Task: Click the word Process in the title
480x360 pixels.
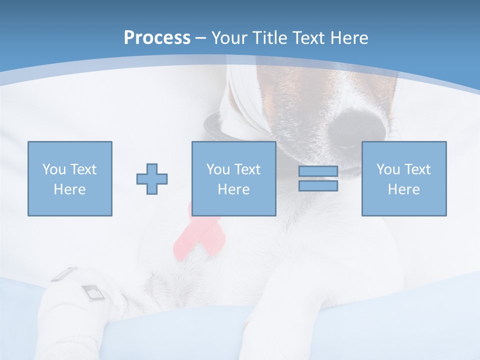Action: (x=157, y=38)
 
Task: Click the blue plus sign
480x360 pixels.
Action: (x=152, y=178)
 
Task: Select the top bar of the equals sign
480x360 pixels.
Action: (x=318, y=171)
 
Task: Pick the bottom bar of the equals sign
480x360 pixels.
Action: (x=318, y=185)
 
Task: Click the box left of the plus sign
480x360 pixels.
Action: (x=70, y=178)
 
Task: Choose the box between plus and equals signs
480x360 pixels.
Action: (x=234, y=178)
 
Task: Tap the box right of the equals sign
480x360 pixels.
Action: (x=404, y=178)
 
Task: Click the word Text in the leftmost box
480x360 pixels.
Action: (x=83, y=169)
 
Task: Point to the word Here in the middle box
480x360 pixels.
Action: (x=234, y=189)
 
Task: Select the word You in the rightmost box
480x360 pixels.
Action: (x=388, y=169)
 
